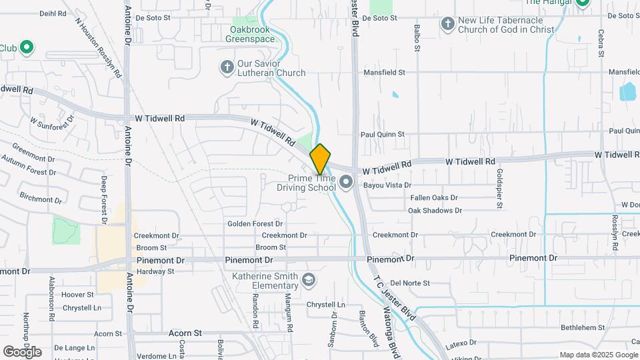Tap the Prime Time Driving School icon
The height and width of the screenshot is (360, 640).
[x=346, y=182]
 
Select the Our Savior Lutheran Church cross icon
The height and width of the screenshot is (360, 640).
[x=227, y=67]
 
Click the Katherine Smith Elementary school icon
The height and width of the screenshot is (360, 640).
[x=309, y=280]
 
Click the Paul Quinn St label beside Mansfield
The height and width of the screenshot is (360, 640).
[x=383, y=134]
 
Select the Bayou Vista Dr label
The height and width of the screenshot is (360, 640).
[x=387, y=185]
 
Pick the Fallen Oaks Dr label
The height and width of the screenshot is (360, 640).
[x=433, y=198]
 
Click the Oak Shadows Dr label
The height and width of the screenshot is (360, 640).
[x=435, y=211]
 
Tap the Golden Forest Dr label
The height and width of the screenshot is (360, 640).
[x=255, y=224]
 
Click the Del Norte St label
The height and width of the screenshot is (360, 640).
[x=410, y=283]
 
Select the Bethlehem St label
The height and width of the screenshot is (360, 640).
[x=582, y=327]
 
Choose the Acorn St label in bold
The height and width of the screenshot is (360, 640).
[x=185, y=333]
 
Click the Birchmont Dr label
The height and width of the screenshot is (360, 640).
[x=41, y=199]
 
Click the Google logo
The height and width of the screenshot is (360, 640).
[x=21, y=351]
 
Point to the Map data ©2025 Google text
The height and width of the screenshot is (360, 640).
[x=597, y=355]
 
